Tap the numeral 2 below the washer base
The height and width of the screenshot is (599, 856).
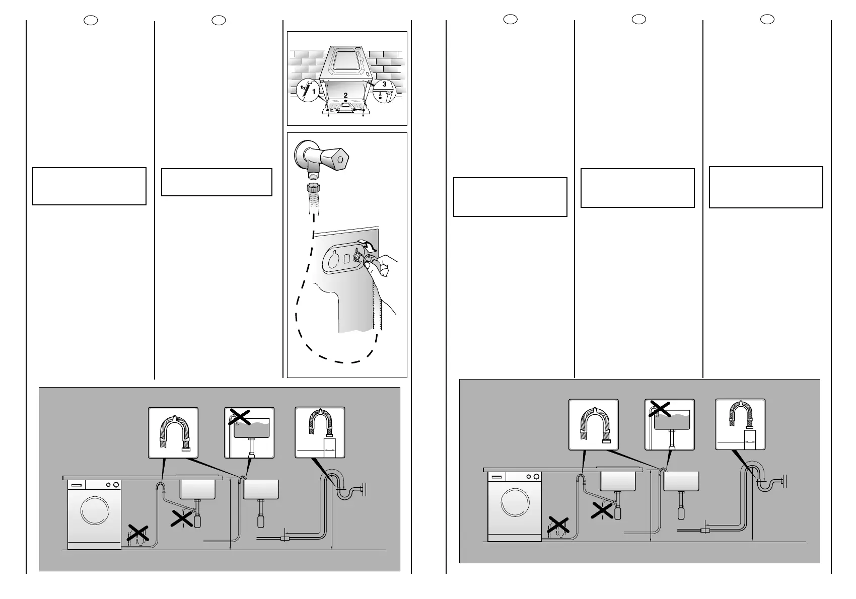click(345, 95)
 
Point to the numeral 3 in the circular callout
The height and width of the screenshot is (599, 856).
click(384, 85)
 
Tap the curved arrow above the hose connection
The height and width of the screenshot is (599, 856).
click(367, 247)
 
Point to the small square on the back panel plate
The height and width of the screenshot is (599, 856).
click(346, 259)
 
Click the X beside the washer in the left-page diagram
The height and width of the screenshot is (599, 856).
click(137, 533)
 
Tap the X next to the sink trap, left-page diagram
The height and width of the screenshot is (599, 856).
click(183, 518)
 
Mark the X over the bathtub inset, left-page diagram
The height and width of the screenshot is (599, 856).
click(240, 417)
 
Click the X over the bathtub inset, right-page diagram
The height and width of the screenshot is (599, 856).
click(660, 409)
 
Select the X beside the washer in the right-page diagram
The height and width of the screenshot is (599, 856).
click(558, 525)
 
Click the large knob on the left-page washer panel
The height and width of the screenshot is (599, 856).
click(116, 485)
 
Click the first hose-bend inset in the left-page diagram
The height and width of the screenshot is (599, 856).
click(173, 432)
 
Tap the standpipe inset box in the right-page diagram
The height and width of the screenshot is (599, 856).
click(740, 424)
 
